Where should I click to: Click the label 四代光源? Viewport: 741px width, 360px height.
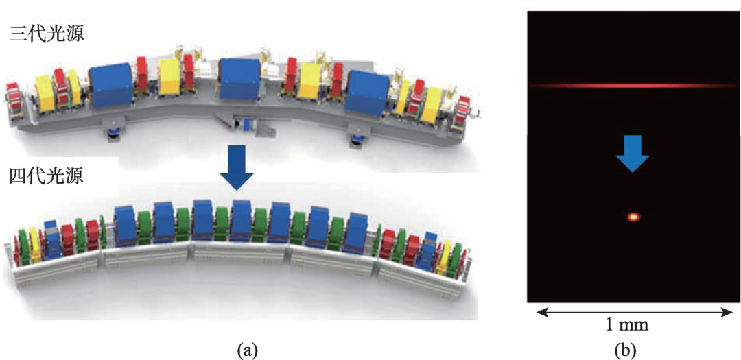coord(47,177)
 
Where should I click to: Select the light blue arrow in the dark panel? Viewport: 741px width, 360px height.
coord(632,152)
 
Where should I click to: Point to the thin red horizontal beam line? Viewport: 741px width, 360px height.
coord(631,86)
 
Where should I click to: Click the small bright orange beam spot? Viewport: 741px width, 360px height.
coord(633,217)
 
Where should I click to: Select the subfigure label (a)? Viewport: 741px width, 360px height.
coord(247,350)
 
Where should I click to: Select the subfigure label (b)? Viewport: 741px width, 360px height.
coord(626,350)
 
